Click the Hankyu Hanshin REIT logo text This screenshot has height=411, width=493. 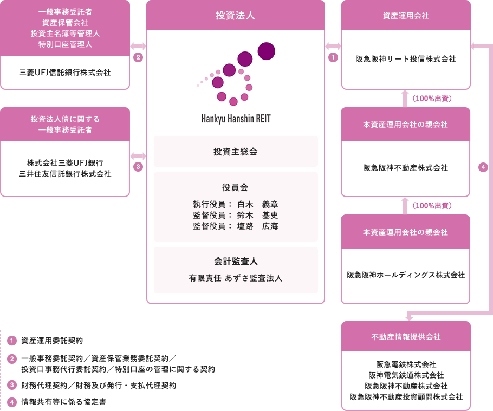pyautogui.click(x=236, y=119)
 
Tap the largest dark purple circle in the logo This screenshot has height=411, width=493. pyautogui.click(x=267, y=51)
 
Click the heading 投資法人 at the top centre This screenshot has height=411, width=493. pyautogui.click(x=235, y=15)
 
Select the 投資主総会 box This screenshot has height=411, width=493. pyautogui.click(x=236, y=152)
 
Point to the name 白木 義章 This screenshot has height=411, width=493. pyautogui.click(x=258, y=205)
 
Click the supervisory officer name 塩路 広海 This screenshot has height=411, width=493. pyautogui.click(x=258, y=226)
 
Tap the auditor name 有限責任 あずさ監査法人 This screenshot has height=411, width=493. pyautogui.click(x=236, y=278)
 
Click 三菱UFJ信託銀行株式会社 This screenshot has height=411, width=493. pyautogui.click(x=65, y=73)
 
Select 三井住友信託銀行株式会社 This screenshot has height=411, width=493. pyautogui.click(x=65, y=174)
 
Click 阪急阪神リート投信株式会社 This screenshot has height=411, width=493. pyautogui.click(x=406, y=59)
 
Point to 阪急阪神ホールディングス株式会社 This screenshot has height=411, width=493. pyautogui.click(x=406, y=275)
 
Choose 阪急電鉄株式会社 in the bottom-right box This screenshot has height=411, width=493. pyautogui.click(x=406, y=364)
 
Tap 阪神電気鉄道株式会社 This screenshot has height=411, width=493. pyautogui.click(x=406, y=375)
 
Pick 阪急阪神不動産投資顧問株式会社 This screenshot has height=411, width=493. pyautogui.click(x=406, y=397)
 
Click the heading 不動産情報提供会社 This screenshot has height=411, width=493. pyautogui.click(x=406, y=337)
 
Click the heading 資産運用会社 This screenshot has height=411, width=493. pyautogui.click(x=406, y=16)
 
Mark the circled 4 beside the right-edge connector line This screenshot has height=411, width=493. pyautogui.click(x=483, y=167)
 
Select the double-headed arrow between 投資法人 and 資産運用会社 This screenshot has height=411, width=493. pyautogui.click(x=333, y=47)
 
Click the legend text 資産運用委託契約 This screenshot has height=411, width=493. pyautogui.click(x=52, y=341)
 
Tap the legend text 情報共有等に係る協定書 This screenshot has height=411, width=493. pyautogui.click(x=64, y=402)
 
